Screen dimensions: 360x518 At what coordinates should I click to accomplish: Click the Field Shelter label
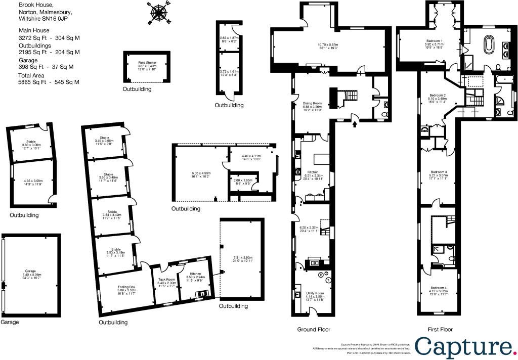click(146, 62)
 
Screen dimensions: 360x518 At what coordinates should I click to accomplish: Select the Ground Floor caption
click(314, 330)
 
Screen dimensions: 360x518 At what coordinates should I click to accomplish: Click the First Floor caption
click(440, 330)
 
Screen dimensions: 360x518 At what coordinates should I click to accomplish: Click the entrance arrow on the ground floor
click(355, 123)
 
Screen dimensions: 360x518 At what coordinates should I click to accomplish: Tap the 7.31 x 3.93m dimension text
click(243, 257)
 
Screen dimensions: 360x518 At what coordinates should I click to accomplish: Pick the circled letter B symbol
click(320, 275)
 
